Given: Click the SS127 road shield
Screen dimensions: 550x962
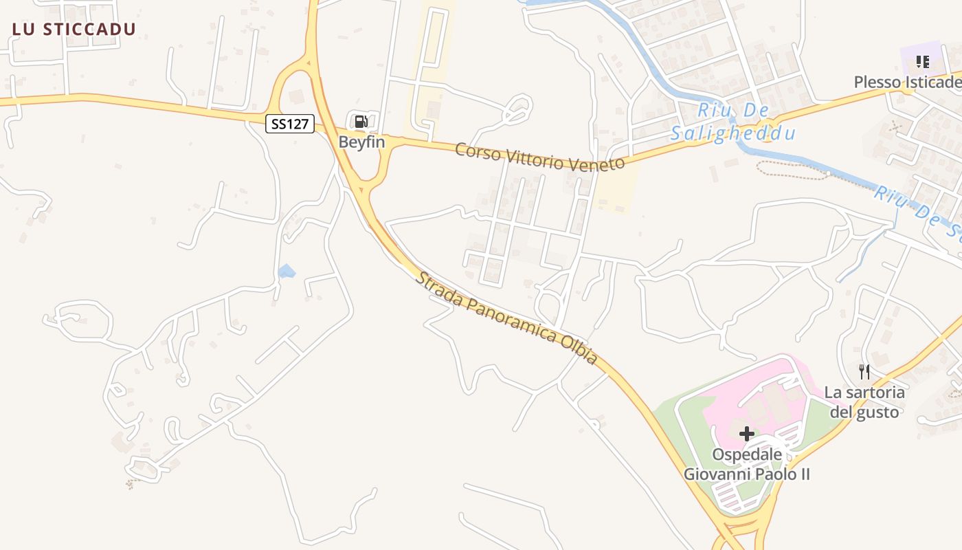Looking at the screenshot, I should coord(290,124).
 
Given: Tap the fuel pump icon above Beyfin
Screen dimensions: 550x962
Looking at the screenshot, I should coord(361,122).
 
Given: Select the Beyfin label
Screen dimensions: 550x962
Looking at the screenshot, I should coord(361,142).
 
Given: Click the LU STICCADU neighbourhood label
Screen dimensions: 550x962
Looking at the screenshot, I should coord(74,29).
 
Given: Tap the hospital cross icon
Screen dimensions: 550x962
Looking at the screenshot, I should coord(746,434).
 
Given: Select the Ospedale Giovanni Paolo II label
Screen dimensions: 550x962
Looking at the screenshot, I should coord(746,464).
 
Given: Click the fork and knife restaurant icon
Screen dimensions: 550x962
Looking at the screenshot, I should coord(864,373).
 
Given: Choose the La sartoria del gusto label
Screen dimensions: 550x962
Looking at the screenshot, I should coord(864,402).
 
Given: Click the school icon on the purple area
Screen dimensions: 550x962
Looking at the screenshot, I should coord(922,63).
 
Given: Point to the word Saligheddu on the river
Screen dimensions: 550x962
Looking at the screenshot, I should coord(732,133).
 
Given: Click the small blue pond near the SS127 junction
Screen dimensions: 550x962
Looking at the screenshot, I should coord(287,272).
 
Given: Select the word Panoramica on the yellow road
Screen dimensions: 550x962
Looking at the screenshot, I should coord(508,319).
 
